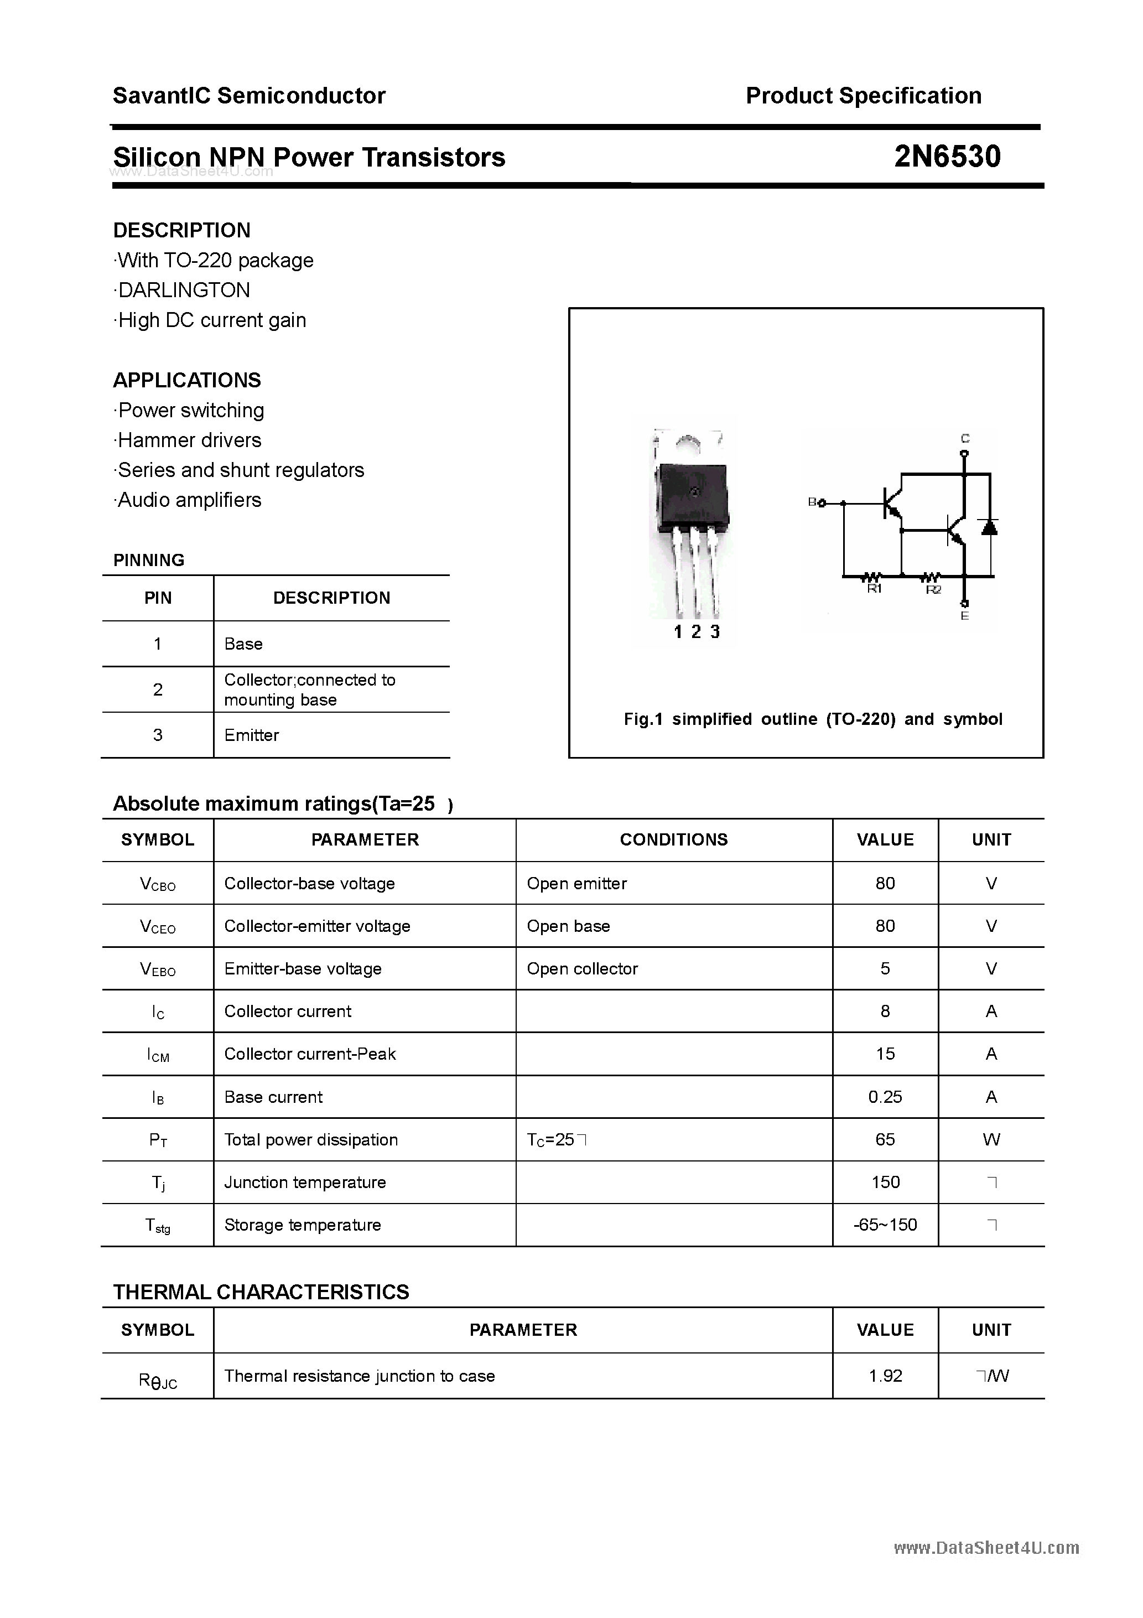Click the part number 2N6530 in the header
pyautogui.click(x=947, y=157)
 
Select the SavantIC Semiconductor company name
pyautogui.click(x=249, y=96)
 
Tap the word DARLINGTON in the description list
pyautogui.click(x=184, y=291)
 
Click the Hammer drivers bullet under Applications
pyautogui.click(x=189, y=440)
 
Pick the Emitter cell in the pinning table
pyautogui.click(x=252, y=735)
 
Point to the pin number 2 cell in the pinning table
pyautogui.click(x=158, y=689)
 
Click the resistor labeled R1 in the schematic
pyautogui.click(x=873, y=577)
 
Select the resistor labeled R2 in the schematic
pyautogui.click(x=932, y=577)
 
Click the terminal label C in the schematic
pyautogui.click(x=965, y=438)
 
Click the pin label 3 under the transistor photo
pyautogui.click(x=715, y=632)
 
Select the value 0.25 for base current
pyautogui.click(x=885, y=1097)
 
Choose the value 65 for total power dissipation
pyautogui.click(x=885, y=1139)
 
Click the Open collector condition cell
pyautogui.click(x=582, y=969)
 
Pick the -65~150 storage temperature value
pyautogui.click(x=885, y=1225)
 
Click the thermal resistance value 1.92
pyautogui.click(x=885, y=1376)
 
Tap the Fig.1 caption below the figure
pyautogui.click(x=813, y=719)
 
